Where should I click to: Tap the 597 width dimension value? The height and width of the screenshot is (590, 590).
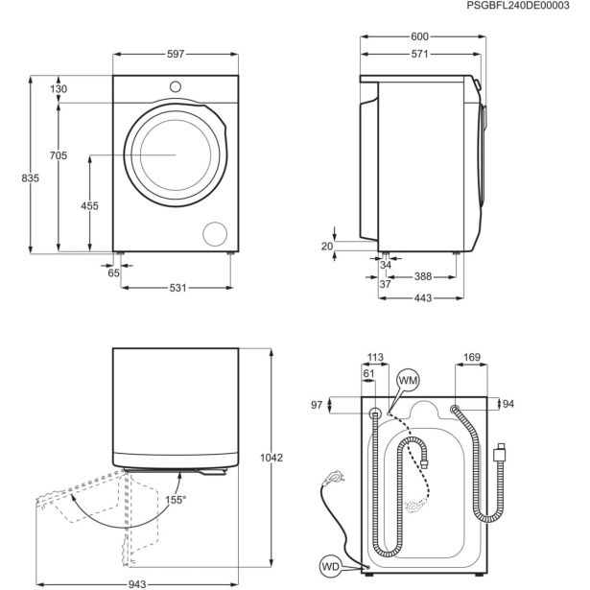point(174,55)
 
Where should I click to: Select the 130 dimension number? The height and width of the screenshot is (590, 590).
point(59,89)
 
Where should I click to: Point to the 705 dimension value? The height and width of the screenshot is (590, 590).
point(59,155)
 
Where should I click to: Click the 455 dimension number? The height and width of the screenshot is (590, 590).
point(89,206)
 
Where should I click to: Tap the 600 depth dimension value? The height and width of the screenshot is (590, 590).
point(420,36)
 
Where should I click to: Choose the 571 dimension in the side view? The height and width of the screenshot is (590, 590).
point(420,55)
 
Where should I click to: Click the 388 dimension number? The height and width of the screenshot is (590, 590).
point(422,278)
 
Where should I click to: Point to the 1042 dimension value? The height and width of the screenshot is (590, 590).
point(271,459)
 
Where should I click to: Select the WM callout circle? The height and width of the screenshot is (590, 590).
point(407,382)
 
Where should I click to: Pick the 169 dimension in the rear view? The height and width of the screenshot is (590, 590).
point(472,360)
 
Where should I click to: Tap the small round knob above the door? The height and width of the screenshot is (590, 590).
point(175,87)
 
